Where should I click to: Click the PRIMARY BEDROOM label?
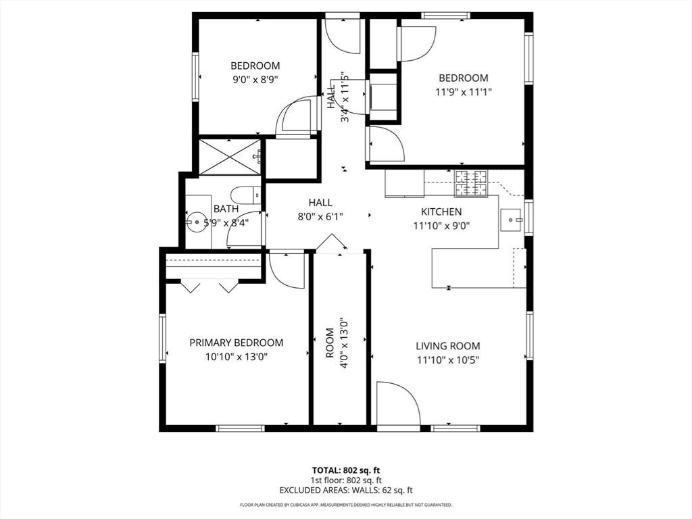point(236,343)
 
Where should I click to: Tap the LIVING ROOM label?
point(448,346)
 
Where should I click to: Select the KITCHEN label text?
point(441,212)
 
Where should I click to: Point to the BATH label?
point(226,209)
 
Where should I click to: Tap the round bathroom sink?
point(195,222)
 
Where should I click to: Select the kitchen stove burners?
point(472,183)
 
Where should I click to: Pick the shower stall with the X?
point(229,157)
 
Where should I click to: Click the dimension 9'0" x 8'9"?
point(255,80)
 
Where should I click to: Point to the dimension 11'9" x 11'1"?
point(464,92)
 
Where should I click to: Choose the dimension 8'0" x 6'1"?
point(320,217)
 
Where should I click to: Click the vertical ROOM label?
point(330,343)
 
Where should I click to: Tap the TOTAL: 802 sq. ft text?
point(346,470)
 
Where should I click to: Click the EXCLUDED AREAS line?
point(346,490)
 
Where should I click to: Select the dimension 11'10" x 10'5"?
point(448,360)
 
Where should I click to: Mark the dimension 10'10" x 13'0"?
point(237,357)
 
